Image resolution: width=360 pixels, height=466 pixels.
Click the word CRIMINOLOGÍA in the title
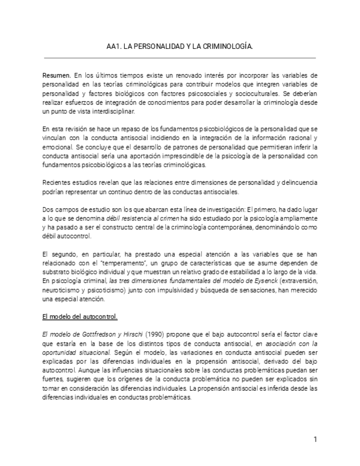pyautogui.click(x=229, y=48)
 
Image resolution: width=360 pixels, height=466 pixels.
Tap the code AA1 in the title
pyautogui.click(x=113, y=48)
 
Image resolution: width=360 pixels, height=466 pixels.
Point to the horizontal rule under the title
pyautogui.click(x=180, y=58)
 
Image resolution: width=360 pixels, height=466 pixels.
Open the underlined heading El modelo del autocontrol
pyautogui.click(x=80, y=318)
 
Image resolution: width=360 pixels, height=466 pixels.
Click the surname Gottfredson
pyautogui.click(x=96, y=335)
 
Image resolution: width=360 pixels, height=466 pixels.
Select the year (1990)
pyautogui.click(x=154, y=335)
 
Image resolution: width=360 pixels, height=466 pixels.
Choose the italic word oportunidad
pyautogui.click(x=62, y=353)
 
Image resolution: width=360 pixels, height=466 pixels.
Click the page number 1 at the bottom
pyautogui.click(x=315, y=440)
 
